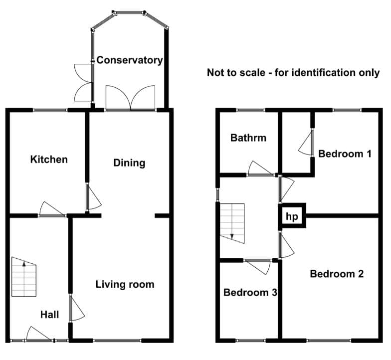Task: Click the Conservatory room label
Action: (x=130, y=60)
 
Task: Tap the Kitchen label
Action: (x=49, y=160)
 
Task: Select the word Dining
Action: (x=129, y=163)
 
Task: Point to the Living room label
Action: (x=125, y=284)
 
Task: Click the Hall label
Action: (x=50, y=315)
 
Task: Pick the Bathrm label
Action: (x=248, y=138)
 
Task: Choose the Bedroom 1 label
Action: (x=345, y=154)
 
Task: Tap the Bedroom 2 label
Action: (x=337, y=274)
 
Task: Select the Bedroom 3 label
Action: (x=250, y=292)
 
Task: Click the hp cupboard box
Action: (x=292, y=215)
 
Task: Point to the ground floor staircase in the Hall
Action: (x=24, y=277)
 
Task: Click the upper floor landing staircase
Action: (x=232, y=223)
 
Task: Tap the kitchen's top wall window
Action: (x=50, y=110)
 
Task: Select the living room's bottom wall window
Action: (x=117, y=341)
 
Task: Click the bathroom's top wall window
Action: (x=250, y=110)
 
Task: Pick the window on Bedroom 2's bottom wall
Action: (x=329, y=341)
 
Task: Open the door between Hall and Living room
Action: (x=77, y=308)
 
